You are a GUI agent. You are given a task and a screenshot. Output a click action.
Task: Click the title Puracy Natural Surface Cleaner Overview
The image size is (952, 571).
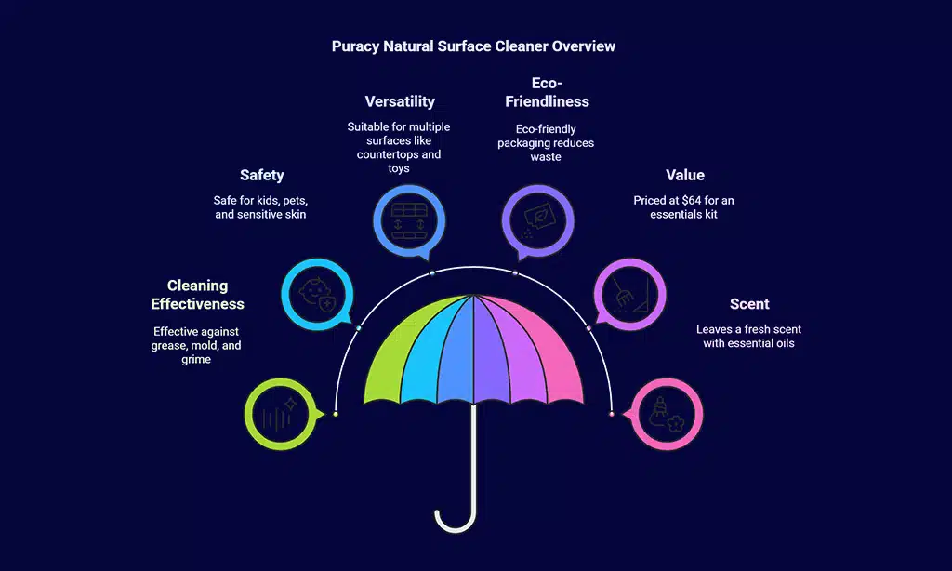473,46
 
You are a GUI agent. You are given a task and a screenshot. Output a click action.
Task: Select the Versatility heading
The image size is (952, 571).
400,101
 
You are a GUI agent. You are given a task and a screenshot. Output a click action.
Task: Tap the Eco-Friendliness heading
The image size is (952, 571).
547,92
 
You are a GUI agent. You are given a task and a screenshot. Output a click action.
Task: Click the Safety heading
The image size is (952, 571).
261,175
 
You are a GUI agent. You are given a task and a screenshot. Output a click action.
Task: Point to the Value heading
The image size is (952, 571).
685,175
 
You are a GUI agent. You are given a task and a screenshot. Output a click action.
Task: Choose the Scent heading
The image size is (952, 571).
749,304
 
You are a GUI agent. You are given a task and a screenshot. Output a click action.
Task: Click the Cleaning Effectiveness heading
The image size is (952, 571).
197,295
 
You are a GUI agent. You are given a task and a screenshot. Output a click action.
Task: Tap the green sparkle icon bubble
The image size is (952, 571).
282,414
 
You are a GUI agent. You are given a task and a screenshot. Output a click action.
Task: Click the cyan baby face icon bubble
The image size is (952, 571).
318,295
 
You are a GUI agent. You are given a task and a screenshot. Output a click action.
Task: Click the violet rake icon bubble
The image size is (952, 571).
629,295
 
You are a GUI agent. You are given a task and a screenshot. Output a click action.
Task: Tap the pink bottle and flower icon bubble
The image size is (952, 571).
666,414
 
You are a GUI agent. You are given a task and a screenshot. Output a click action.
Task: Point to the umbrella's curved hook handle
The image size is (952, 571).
456,515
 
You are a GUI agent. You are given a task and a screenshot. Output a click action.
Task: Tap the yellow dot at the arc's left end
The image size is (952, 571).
336,414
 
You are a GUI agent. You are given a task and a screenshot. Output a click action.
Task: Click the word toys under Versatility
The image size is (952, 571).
399,168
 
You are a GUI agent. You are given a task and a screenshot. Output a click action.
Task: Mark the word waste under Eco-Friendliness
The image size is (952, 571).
546,157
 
